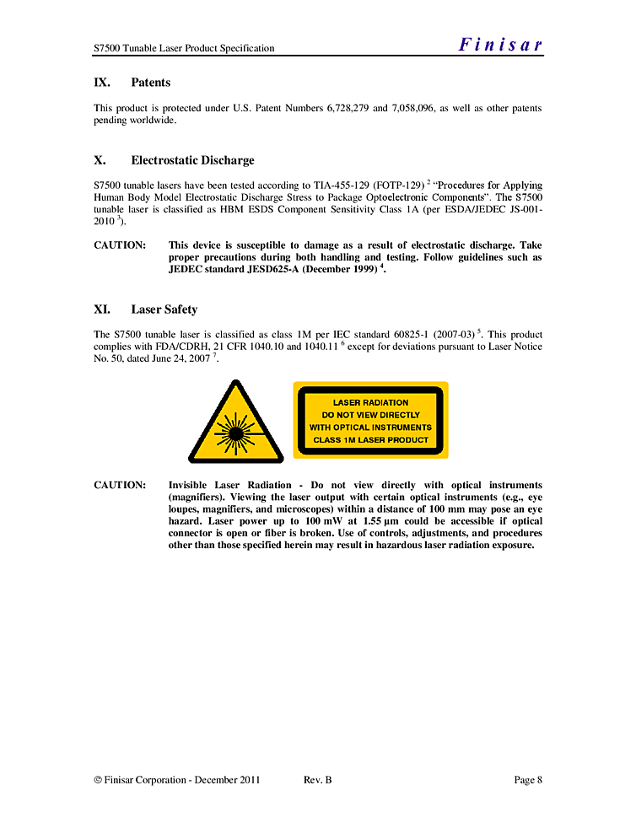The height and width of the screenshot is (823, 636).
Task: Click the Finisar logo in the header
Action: pyautogui.click(x=500, y=46)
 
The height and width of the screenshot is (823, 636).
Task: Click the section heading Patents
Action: pyautogui.click(x=150, y=83)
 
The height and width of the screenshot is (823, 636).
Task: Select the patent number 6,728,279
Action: pyautogui.click(x=347, y=108)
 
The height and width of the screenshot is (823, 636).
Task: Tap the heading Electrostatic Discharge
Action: pyautogui.click(x=192, y=160)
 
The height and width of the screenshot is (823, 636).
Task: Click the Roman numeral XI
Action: pyautogui.click(x=101, y=309)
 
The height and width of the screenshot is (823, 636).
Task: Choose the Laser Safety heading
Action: pyautogui.click(x=164, y=309)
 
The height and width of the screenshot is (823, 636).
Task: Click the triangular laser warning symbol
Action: pyautogui.click(x=235, y=423)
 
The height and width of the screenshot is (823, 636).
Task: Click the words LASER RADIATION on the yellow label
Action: pyautogui.click(x=370, y=402)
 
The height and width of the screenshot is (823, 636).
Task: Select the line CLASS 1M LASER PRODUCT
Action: pyautogui.click(x=370, y=439)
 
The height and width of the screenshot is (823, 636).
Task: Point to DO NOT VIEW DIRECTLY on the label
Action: pyautogui.click(x=370, y=415)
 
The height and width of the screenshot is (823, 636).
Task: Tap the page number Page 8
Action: pyautogui.click(x=528, y=780)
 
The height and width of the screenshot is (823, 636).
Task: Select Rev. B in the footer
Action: pyautogui.click(x=317, y=780)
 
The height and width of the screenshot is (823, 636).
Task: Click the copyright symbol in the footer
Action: pyautogui.click(x=97, y=780)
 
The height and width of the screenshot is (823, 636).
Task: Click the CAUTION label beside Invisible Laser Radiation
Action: pyautogui.click(x=120, y=485)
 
